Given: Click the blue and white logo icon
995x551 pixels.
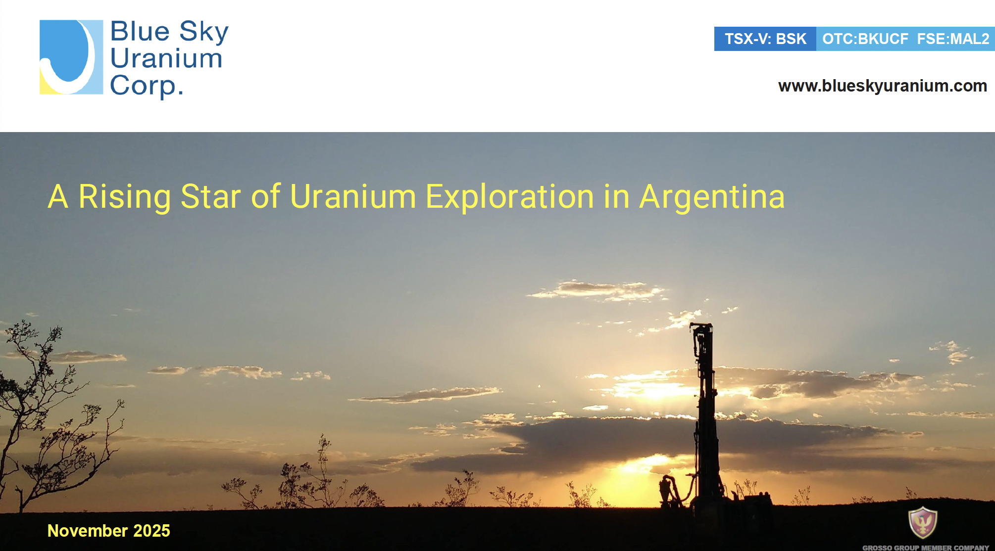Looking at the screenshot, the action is tap(71, 57).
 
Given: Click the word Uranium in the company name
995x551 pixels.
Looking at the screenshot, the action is tap(166, 58).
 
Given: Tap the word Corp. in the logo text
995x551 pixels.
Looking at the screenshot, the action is tap(147, 86).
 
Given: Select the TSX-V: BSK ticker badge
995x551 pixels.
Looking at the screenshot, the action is tap(765, 39).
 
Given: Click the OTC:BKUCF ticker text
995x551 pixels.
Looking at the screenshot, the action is tap(865, 39).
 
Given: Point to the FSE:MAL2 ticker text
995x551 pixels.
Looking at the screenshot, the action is tap(953, 39).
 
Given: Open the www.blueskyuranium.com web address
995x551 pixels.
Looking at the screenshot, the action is tap(883, 86).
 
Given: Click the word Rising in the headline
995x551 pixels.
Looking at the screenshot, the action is tap(125, 197).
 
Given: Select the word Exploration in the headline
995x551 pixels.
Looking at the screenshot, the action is tap(510, 197).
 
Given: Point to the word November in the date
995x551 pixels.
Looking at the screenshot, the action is tap(88, 531).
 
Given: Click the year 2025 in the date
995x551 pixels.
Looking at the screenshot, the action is tap(151, 531).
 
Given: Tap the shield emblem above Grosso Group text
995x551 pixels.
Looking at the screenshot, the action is tap(923, 522).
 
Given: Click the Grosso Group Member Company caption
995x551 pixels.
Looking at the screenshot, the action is tap(926, 548).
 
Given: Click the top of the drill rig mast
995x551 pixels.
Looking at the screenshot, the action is tap(701, 324).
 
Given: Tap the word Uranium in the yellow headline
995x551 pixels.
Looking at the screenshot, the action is tap(353, 197).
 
